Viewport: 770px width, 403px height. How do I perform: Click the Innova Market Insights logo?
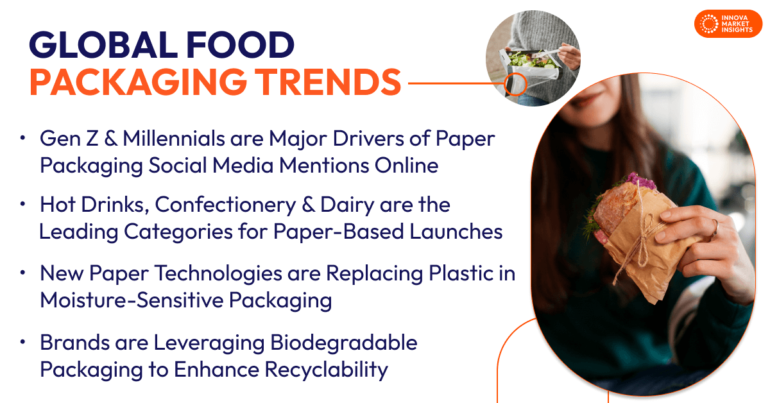tap(726, 24)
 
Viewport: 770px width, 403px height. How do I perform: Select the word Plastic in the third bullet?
tap(458, 273)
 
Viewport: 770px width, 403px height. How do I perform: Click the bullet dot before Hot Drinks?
tap(24, 205)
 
